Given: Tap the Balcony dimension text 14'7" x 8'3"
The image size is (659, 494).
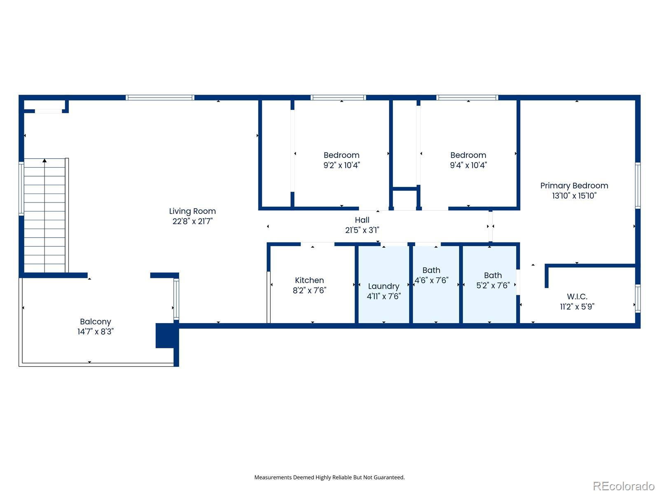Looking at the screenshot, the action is pyautogui.click(x=96, y=331).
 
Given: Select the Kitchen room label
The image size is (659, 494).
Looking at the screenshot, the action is pyautogui.click(x=309, y=280).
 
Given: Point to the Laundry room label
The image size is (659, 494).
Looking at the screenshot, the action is pyautogui.click(x=383, y=287).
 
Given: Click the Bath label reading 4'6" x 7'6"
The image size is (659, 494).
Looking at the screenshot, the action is pyautogui.click(x=431, y=275).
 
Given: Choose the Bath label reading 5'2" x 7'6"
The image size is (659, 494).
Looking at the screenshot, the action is pyautogui.click(x=493, y=280).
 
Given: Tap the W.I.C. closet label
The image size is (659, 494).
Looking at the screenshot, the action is pyautogui.click(x=577, y=297).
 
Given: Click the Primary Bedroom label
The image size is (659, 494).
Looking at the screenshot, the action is pyautogui.click(x=574, y=186).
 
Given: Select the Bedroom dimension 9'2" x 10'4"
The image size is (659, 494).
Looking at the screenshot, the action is pyautogui.click(x=342, y=165).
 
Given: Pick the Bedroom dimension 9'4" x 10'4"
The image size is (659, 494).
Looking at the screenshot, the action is pyautogui.click(x=468, y=165).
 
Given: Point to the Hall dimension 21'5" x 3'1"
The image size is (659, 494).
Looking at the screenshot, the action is pyautogui.click(x=362, y=230).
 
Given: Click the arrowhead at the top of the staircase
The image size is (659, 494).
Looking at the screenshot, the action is pyautogui.click(x=44, y=161).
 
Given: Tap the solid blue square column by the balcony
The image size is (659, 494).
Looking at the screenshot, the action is pyautogui.click(x=165, y=336).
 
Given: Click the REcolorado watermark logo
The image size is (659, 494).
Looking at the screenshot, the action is pyautogui.click(x=624, y=486).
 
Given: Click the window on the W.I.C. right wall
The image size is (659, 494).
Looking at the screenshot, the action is pyautogui.click(x=638, y=298).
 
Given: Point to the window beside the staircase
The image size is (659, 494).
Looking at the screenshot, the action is pyautogui.click(x=21, y=189).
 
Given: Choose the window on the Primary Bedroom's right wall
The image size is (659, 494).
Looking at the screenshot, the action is pyautogui.click(x=638, y=185).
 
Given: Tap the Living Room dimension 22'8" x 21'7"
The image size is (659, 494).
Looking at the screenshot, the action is pyautogui.click(x=192, y=221).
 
